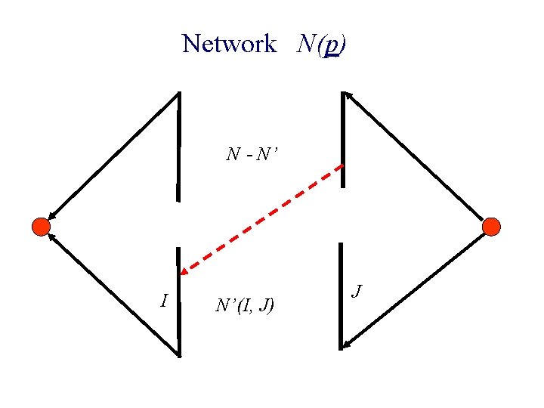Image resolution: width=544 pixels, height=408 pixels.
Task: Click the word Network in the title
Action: tap(229, 44)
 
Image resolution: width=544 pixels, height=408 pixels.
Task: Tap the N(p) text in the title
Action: tap(322, 44)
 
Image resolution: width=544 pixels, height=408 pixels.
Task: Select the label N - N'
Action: tap(252, 156)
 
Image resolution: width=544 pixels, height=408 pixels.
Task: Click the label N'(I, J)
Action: tap(245, 305)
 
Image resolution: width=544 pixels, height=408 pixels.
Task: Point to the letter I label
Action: tap(164, 301)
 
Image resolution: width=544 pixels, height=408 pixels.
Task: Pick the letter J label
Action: tap(358, 290)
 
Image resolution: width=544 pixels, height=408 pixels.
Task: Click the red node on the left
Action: tap(41, 226)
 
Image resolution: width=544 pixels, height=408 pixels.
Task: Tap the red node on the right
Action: tap(491, 226)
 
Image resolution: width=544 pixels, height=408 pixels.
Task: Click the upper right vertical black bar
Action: tap(343, 140)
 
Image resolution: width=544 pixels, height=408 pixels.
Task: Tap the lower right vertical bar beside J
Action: tap(342, 295)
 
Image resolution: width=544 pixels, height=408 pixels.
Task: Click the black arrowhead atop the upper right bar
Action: tap(347, 95)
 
